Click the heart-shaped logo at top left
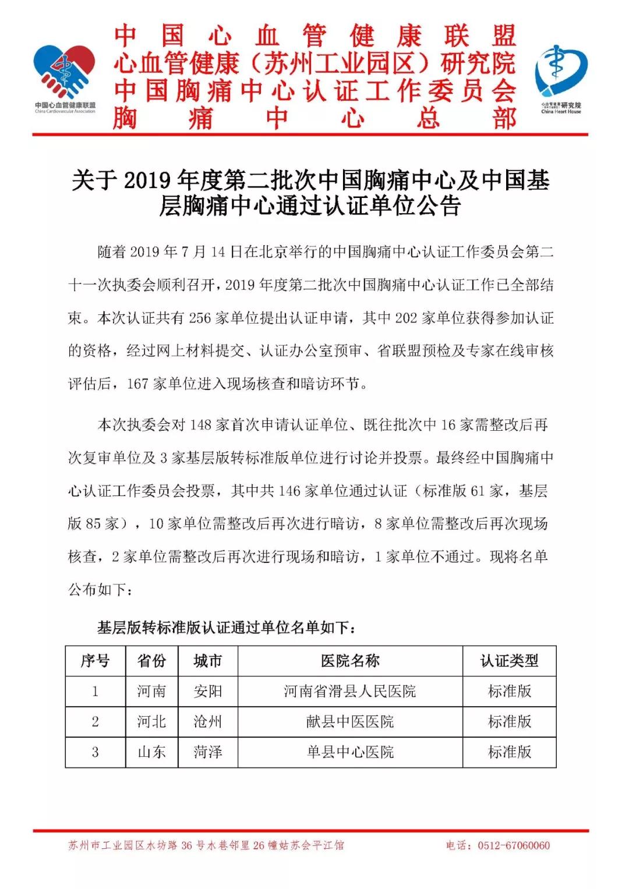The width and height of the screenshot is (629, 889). pyautogui.click(x=65, y=73)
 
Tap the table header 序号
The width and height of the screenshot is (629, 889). pyautogui.click(x=95, y=661)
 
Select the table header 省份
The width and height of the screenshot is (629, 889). pyautogui.click(x=151, y=661)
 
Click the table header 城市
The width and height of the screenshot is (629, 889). pyautogui.click(x=207, y=661)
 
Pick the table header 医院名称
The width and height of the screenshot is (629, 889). pyautogui.click(x=350, y=661)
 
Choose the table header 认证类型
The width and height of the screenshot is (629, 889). pyautogui.click(x=509, y=661)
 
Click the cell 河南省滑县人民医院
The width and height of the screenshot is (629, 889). pyautogui.click(x=350, y=692)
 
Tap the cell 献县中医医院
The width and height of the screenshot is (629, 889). pyautogui.click(x=350, y=722)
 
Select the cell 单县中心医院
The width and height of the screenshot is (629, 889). pyautogui.click(x=350, y=752)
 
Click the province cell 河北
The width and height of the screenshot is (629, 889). pyautogui.click(x=151, y=722)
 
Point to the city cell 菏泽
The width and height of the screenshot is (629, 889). pyautogui.click(x=207, y=752)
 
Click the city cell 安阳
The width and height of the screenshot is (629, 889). pyautogui.click(x=207, y=692)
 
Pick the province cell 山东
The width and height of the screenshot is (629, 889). pyautogui.click(x=151, y=752)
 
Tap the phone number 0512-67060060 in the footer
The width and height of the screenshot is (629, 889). pyautogui.click(x=513, y=845)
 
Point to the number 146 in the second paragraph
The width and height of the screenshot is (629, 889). pyautogui.click(x=289, y=491)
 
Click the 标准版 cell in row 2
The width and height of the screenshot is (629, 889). pyautogui.click(x=509, y=722)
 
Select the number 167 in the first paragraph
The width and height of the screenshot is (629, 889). pyautogui.click(x=137, y=384)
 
